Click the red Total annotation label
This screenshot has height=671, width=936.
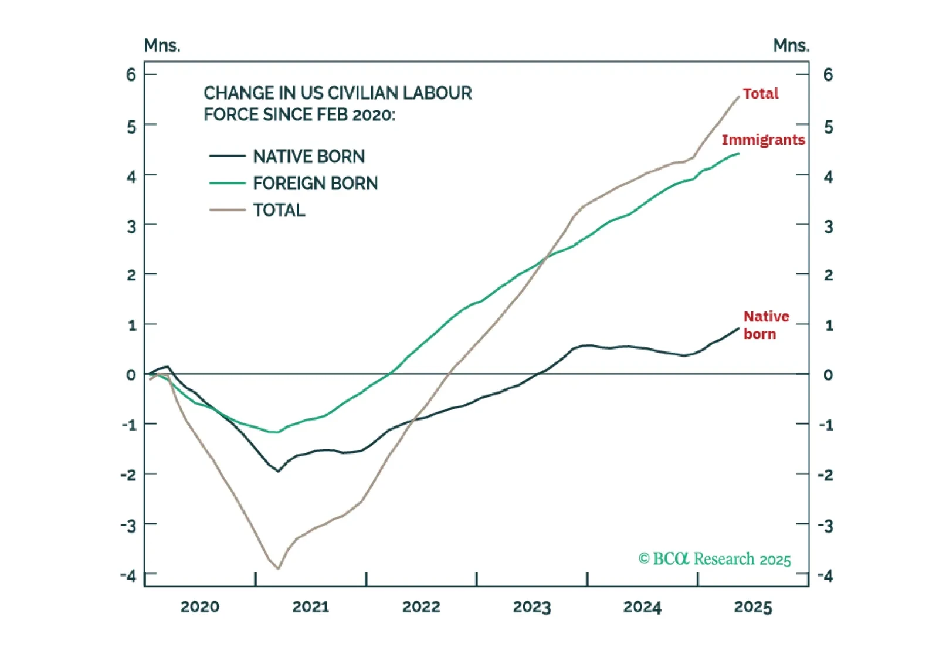coord(760,94)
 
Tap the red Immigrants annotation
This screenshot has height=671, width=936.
coord(763,140)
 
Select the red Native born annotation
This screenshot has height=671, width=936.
coord(766,325)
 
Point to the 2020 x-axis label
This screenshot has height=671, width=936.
coord(199,607)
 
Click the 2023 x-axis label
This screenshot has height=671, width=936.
coord(531,607)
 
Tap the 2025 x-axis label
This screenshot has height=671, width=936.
coord(752,607)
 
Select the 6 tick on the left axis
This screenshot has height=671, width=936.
coord(131,74)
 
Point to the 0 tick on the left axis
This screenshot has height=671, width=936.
coord(131,375)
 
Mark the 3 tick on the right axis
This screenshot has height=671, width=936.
coord(828,227)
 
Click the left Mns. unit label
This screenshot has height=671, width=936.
coord(162,45)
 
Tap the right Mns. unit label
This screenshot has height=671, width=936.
coord(791,45)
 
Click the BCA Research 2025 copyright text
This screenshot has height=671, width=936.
coord(714,559)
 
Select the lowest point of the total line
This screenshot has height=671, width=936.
coord(278,568)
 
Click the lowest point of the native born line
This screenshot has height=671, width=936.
coord(279,471)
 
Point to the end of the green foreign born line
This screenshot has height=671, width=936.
coord(738,154)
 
